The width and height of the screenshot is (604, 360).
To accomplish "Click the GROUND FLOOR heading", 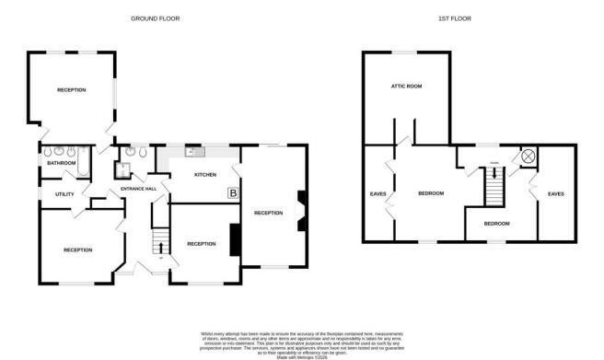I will pyautogui.click(x=155, y=17).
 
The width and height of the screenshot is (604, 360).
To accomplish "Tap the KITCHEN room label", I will pyautogui.click(x=203, y=174).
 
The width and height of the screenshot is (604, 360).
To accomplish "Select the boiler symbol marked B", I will pyautogui.click(x=232, y=193).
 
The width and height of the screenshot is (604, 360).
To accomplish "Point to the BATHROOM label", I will pyautogui.click(x=61, y=163).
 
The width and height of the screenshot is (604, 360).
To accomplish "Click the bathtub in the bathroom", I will pyautogui.click(x=82, y=163).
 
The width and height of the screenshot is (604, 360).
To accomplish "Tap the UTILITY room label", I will pyautogui.click(x=64, y=194).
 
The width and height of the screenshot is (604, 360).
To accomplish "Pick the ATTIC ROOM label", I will pyautogui.click(x=406, y=87).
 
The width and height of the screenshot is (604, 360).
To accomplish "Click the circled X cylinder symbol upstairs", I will pyautogui.click(x=528, y=157).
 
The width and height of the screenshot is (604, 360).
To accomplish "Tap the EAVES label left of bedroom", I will pyautogui.click(x=377, y=193).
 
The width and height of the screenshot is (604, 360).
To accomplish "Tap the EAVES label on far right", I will pyautogui.click(x=555, y=193).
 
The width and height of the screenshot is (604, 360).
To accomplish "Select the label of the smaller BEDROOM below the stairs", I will pyautogui.click(x=497, y=224).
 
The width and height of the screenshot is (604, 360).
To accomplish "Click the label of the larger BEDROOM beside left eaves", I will pyautogui.click(x=431, y=193).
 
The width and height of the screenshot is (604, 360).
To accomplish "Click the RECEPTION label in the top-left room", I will pyautogui.click(x=72, y=90).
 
